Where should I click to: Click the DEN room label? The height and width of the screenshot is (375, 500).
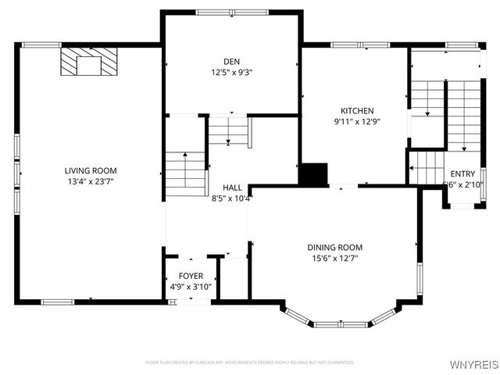tap(231, 60)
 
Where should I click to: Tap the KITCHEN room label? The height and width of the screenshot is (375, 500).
tap(356, 111)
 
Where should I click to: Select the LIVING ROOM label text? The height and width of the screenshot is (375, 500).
tap(91, 170)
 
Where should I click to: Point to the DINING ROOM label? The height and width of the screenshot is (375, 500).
tap(334, 248)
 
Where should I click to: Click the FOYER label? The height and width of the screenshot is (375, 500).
tap(191, 277)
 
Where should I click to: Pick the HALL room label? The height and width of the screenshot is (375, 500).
tap(232, 187)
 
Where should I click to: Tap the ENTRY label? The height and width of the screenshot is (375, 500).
tap(462, 174)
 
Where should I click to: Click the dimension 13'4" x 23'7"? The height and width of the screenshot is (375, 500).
tap(91, 181)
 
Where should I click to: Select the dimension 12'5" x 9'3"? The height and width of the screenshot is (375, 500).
tap(231, 72)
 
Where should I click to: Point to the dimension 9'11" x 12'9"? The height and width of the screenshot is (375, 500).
tap(356, 122)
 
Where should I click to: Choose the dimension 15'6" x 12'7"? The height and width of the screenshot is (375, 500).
tap(334, 259)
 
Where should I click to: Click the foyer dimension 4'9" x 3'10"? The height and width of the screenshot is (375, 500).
tap(191, 287)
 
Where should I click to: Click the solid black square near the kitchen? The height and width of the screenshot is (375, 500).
tap(313, 174)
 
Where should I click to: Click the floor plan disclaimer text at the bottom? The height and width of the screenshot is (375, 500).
tap(250, 362)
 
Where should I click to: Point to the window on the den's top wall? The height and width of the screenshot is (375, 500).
tap(230, 12)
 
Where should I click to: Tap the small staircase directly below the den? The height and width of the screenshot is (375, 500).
tap(228, 130)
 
